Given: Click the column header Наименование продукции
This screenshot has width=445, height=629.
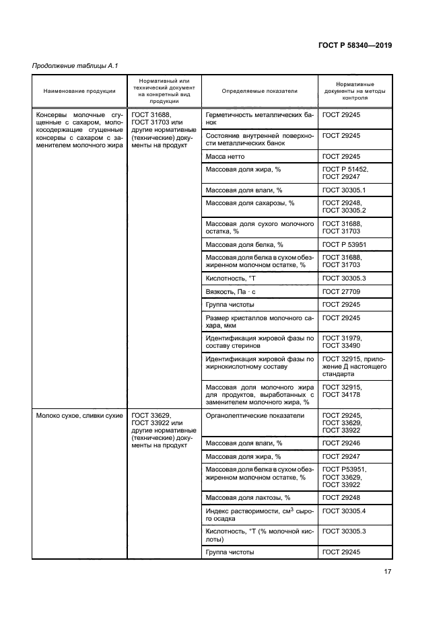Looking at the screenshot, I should coord(79,91).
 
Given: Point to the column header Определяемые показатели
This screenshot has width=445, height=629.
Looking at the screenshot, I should coord(259,91).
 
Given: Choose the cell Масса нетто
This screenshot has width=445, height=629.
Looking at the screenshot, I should coord(225,156).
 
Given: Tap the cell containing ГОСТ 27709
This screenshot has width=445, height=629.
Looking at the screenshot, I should coord(341,291).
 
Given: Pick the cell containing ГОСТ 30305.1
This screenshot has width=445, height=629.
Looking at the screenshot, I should coord(343,190).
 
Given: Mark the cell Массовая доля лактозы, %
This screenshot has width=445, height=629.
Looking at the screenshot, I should coord(248,497).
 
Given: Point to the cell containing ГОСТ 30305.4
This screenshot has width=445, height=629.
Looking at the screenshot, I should coord(343,511).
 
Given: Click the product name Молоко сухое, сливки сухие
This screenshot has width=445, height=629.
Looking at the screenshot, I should coord(79,416).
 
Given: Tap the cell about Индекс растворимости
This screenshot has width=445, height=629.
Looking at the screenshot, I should coord(259,515).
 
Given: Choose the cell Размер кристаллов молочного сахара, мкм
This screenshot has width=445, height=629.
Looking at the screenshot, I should coord(259,321).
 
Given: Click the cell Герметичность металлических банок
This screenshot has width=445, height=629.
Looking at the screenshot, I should coord(259,119).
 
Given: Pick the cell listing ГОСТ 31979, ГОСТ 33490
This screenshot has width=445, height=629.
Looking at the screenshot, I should coord(342,341).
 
